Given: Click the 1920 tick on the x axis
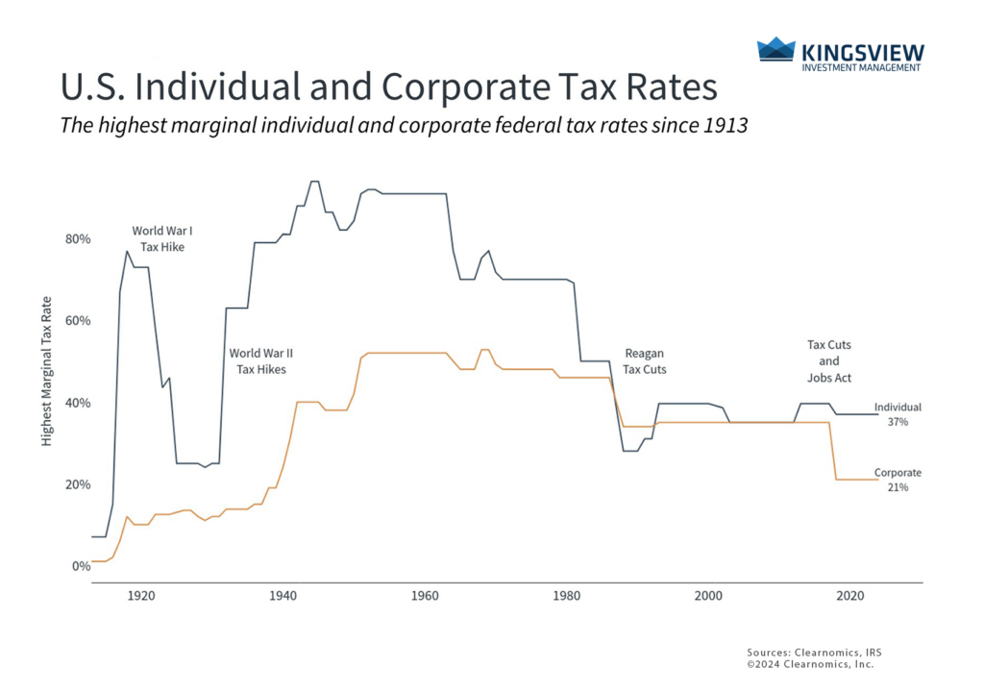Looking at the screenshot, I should (x=141, y=596).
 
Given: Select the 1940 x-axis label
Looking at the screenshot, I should (x=283, y=596).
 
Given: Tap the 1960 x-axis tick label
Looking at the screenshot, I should (x=425, y=596).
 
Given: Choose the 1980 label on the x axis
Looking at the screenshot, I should (x=566, y=596).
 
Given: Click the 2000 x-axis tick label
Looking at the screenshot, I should (x=708, y=596).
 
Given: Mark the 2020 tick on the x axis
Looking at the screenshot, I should (x=849, y=596).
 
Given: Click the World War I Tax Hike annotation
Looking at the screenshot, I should (x=162, y=238).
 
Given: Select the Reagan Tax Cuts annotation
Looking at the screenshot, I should (x=644, y=360).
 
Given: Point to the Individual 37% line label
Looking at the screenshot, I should (x=898, y=414).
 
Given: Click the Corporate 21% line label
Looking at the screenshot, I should (x=898, y=480).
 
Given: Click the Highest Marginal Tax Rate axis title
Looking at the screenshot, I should (x=46, y=382).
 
